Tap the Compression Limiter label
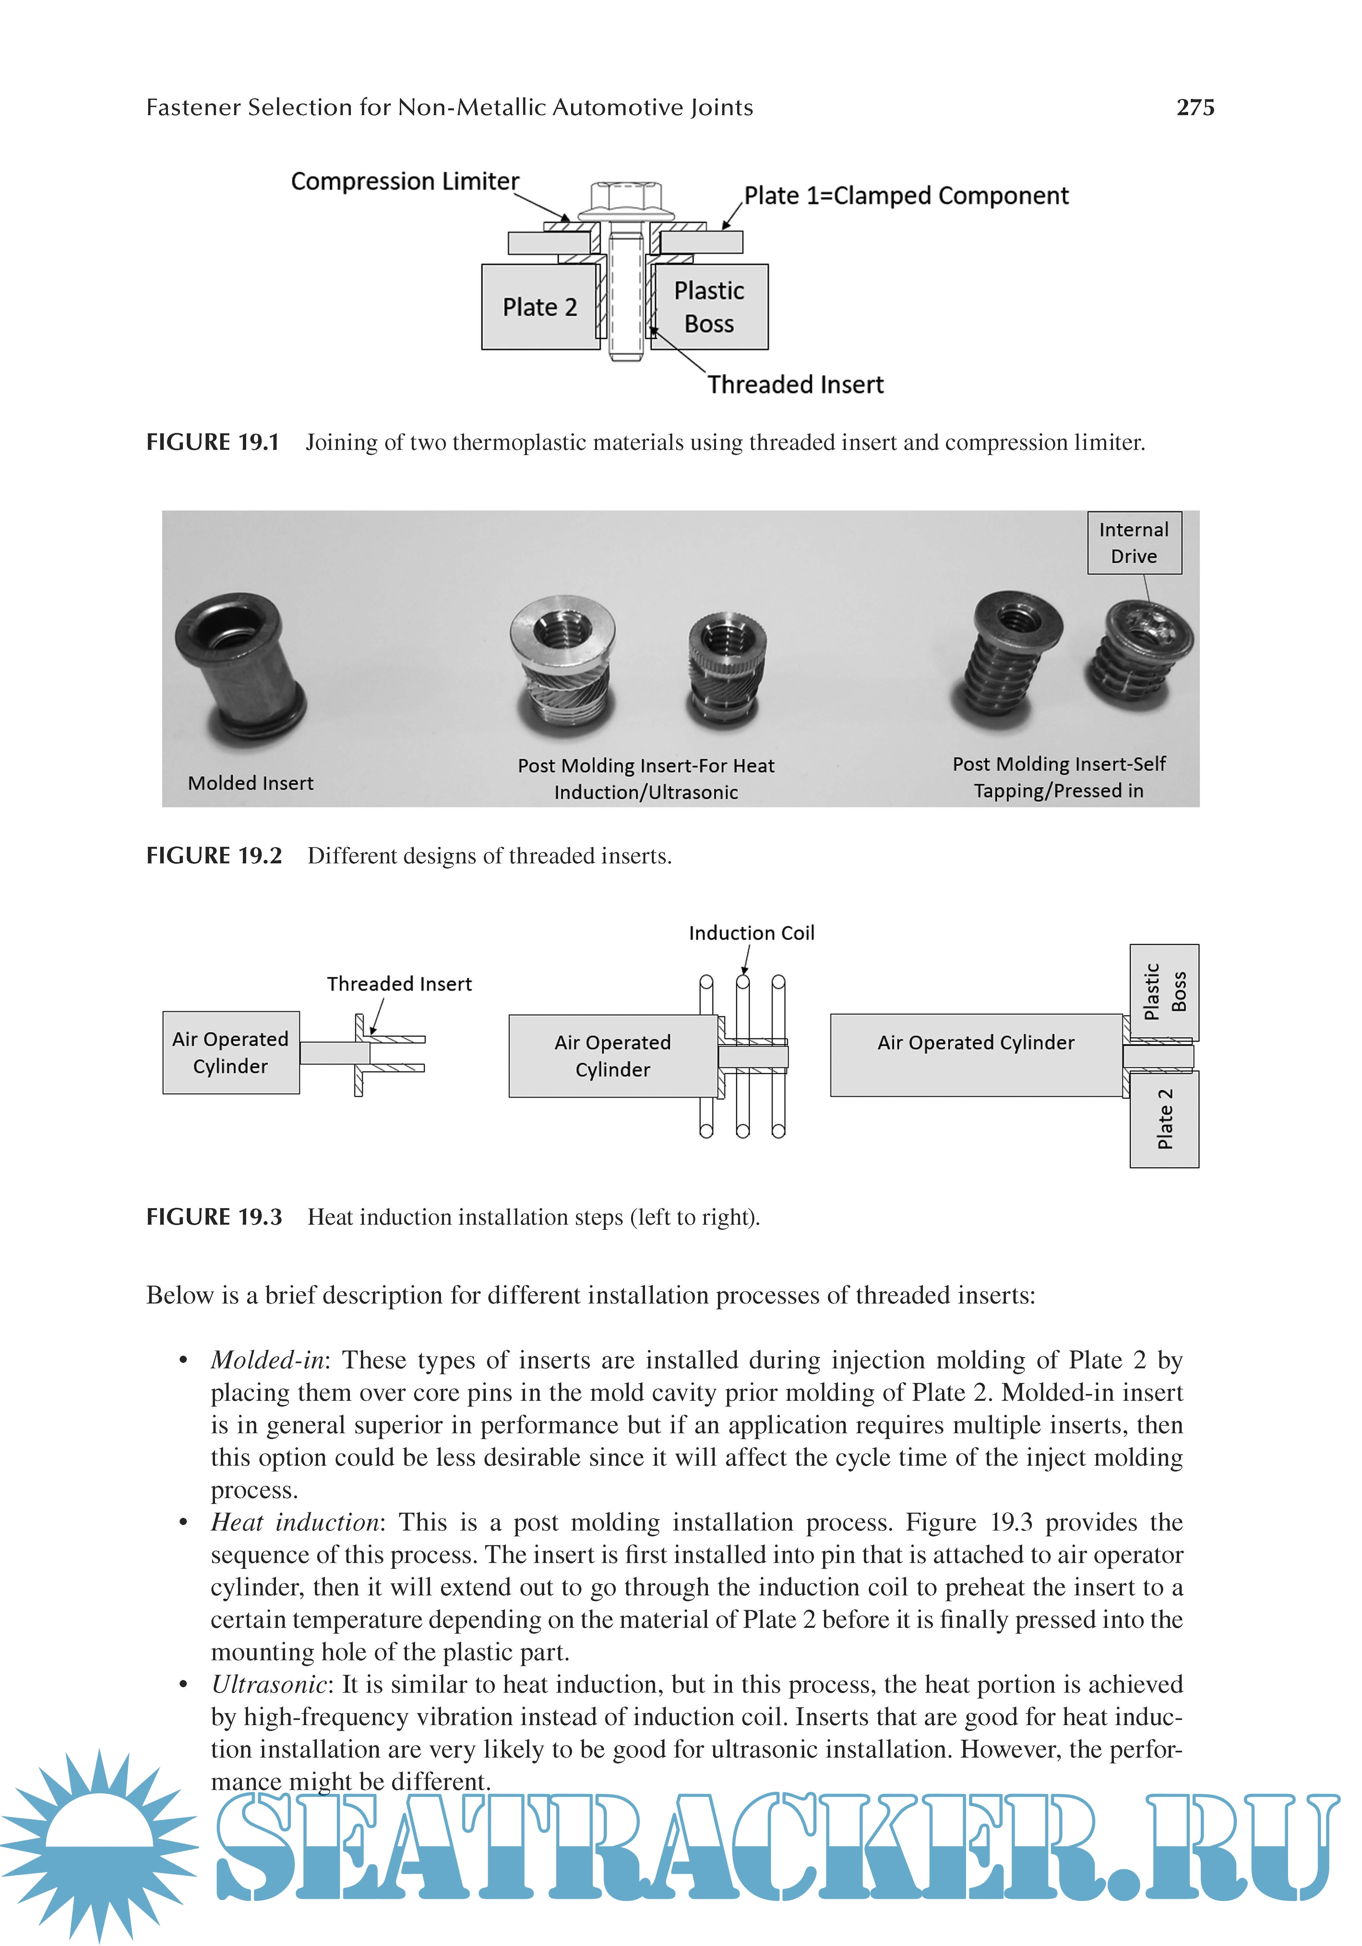[404, 181]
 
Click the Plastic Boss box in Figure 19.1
[710, 307]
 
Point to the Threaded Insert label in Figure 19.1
[795, 385]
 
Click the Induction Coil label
[751, 933]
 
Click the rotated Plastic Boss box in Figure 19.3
[1164, 991]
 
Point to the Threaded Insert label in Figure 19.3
[399, 984]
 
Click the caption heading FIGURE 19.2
[214, 856]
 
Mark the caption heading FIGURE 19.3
[214, 1217]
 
